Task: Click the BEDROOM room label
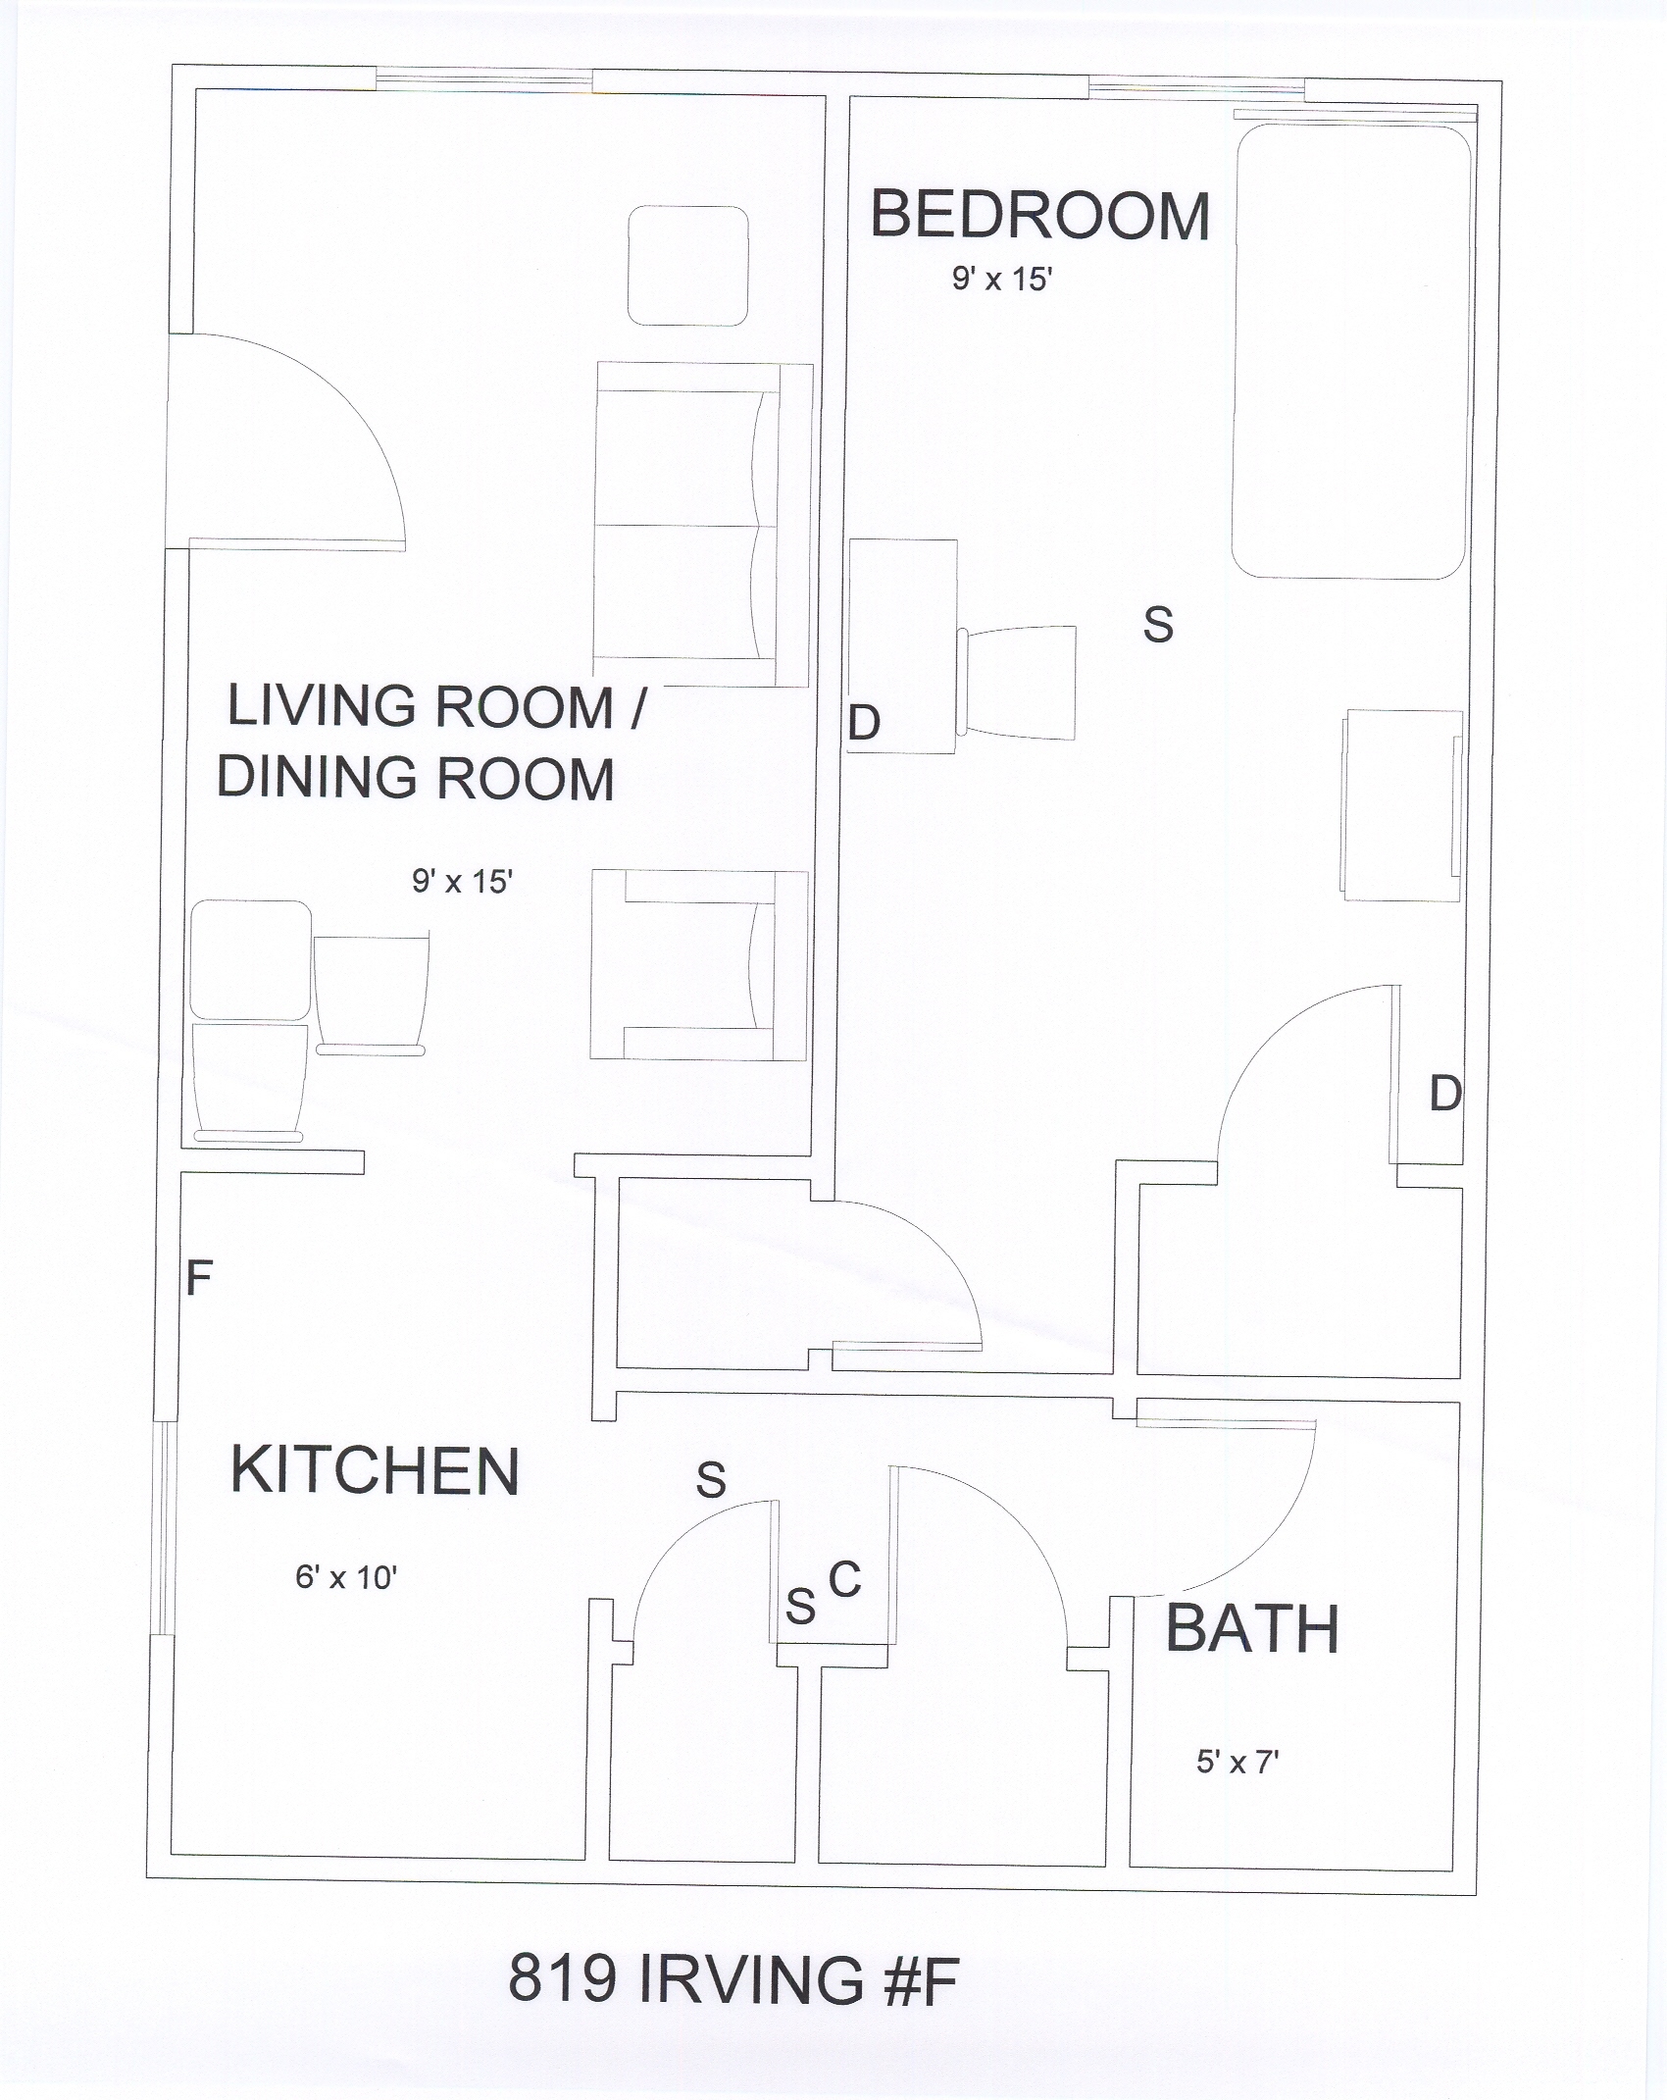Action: tap(1040, 216)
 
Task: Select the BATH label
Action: tap(1252, 1629)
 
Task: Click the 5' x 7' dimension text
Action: tap(1238, 1763)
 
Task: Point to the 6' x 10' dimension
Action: tap(346, 1577)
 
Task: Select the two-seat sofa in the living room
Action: tap(703, 525)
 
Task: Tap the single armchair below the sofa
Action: tap(699, 965)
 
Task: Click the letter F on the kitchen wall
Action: tap(199, 1278)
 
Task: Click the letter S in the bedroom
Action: tap(1158, 625)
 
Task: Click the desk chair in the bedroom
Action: tap(1017, 683)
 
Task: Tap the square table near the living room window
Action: tap(687, 265)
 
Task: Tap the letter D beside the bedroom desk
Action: tap(864, 723)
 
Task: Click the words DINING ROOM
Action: tap(416, 778)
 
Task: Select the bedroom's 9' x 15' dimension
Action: tap(1002, 280)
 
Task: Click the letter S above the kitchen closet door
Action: tap(711, 1479)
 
